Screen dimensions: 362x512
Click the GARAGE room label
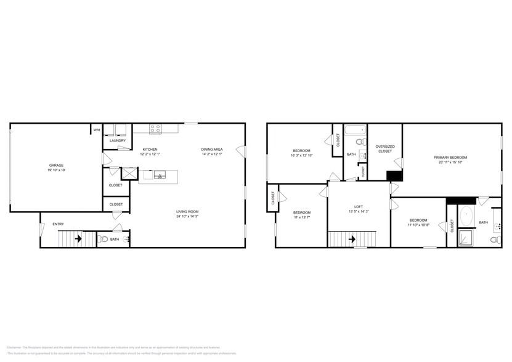click(57, 165)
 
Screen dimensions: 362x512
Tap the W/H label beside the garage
click(97, 130)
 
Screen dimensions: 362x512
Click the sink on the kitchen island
click(160, 175)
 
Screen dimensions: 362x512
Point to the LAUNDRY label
click(118, 141)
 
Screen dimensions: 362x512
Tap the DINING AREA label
click(211, 150)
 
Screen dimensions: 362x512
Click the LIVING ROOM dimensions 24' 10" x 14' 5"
click(187, 217)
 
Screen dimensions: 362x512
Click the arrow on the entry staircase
click(78, 238)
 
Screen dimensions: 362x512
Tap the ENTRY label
click(58, 224)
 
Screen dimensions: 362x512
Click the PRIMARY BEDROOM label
click(450, 158)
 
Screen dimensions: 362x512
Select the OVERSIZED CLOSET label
click(384, 148)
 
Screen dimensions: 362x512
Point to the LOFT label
click(358, 207)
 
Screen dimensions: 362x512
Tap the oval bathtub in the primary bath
click(466, 217)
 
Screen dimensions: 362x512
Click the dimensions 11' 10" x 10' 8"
click(418, 225)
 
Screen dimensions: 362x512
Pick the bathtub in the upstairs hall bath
click(355, 131)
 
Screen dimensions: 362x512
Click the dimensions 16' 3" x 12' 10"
click(301, 156)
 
